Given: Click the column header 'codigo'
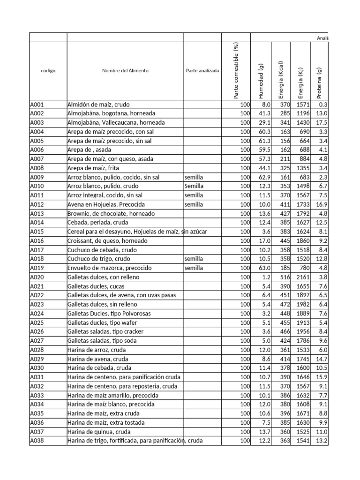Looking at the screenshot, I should (x=48, y=71).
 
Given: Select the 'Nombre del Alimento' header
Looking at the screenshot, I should (x=125, y=71).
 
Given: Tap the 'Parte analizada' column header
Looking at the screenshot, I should (x=202, y=71).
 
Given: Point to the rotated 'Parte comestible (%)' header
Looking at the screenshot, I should (x=236, y=71).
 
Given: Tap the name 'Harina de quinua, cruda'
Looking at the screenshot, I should (x=99, y=432).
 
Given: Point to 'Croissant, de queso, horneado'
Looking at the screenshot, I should (x=107, y=240).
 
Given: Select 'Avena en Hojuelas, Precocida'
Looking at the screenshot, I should (x=106, y=204).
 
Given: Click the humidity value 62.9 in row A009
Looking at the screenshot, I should (x=265, y=177).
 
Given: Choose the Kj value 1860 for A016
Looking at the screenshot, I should (x=303, y=240).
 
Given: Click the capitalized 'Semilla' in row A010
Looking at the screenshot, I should (x=194, y=186).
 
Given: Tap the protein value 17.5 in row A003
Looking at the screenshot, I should (x=321, y=122).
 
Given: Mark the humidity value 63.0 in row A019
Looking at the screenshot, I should (x=265, y=268).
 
